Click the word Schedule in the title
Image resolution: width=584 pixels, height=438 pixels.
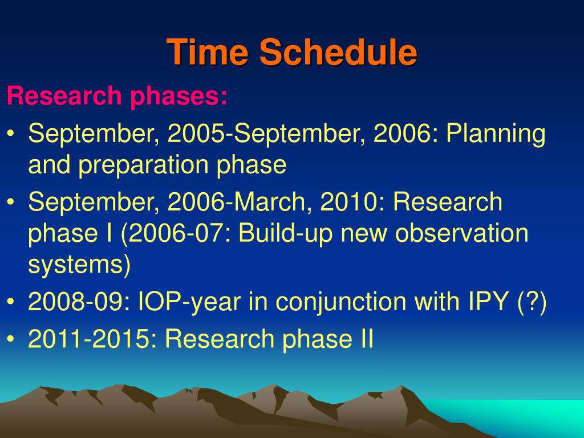338,52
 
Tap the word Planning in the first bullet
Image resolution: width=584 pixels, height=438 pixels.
496,135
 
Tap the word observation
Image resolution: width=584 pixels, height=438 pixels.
461,233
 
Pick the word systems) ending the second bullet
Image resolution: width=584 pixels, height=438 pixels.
79,265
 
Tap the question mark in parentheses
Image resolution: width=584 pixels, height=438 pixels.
532,302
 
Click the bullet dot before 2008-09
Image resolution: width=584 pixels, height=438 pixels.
11,301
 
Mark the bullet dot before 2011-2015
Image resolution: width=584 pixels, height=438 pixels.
11,339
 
